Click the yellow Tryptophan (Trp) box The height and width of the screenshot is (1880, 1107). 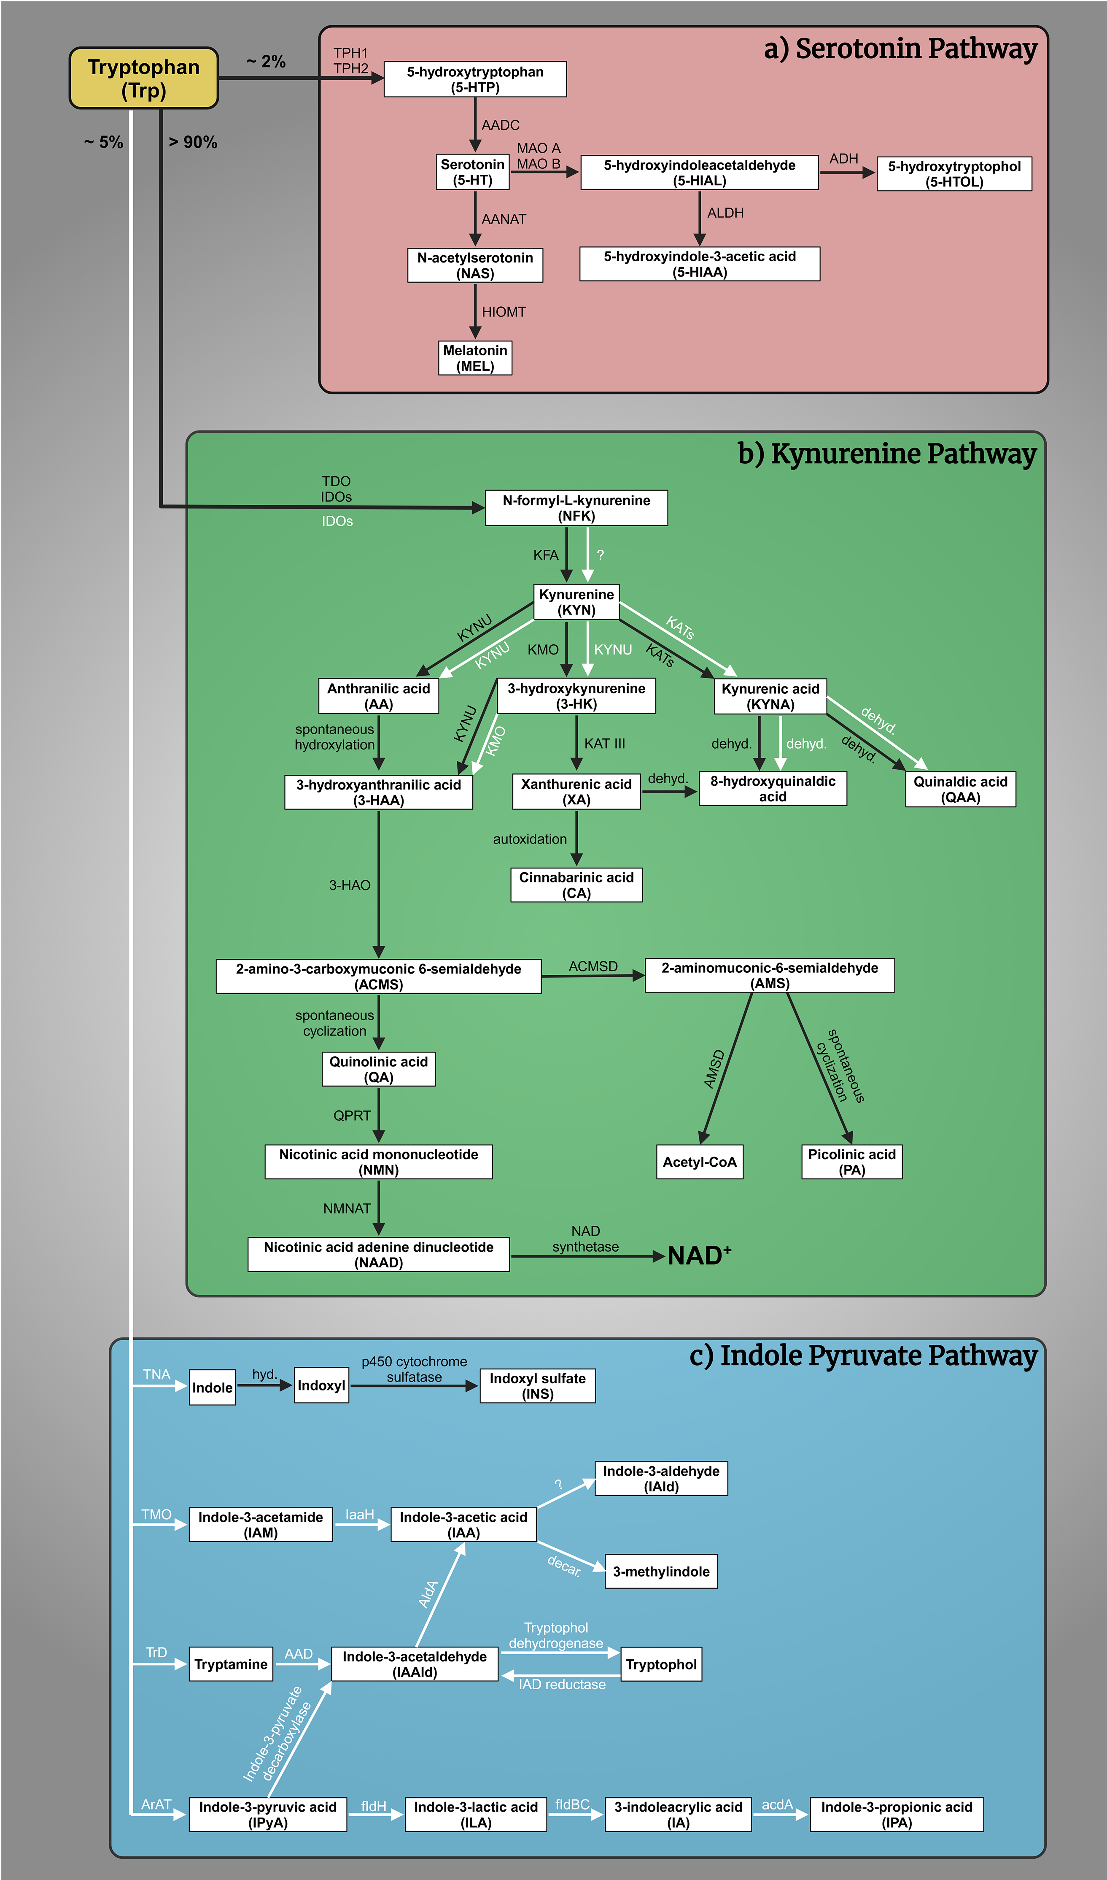pyautogui.click(x=143, y=78)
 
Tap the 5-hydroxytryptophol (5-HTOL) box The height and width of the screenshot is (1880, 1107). pyautogui.click(x=954, y=174)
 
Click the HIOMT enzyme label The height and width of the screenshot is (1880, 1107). pyautogui.click(x=504, y=312)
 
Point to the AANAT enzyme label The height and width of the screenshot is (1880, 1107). pyautogui.click(x=504, y=219)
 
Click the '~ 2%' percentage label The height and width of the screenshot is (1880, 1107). pyautogui.click(x=266, y=62)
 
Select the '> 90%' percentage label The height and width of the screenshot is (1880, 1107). pyautogui.click(x=192, y=142)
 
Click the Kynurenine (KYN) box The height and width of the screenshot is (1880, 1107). pyautogui.click(x=576, y=601)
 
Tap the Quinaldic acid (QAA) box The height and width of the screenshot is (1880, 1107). pyautogui.click(x=960, y=789)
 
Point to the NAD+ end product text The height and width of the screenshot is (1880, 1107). pyautogui.click(x=699, y=1255)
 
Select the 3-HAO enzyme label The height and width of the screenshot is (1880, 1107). pyautogui.click(x=350, y=885)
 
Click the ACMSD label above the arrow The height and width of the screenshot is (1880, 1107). pyautogui.click(x=593, y=966)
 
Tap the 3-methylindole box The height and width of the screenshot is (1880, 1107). pyautogui.click(x=661, y=1572)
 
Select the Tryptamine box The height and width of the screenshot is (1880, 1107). pyautogui.click(x=231, y=1664)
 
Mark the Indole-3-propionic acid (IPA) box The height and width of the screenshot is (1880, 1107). pyautogui.click(x=897, y=1814)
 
